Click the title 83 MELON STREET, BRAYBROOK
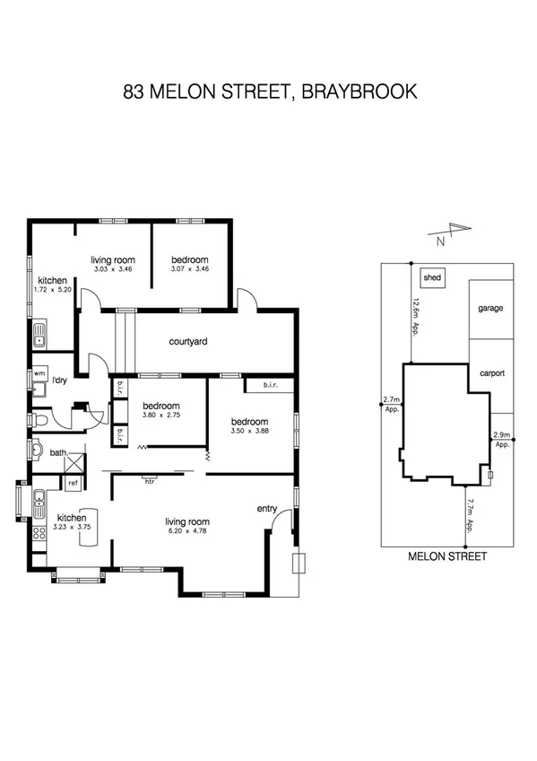[268, 92]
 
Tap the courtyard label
[188, 341]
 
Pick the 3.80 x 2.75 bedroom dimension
[161, 415]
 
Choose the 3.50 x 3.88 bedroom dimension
[248, 433]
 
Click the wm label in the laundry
[39, 373]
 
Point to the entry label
[267, 509]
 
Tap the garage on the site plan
[490, 308]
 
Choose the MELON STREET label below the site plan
[447, 556]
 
